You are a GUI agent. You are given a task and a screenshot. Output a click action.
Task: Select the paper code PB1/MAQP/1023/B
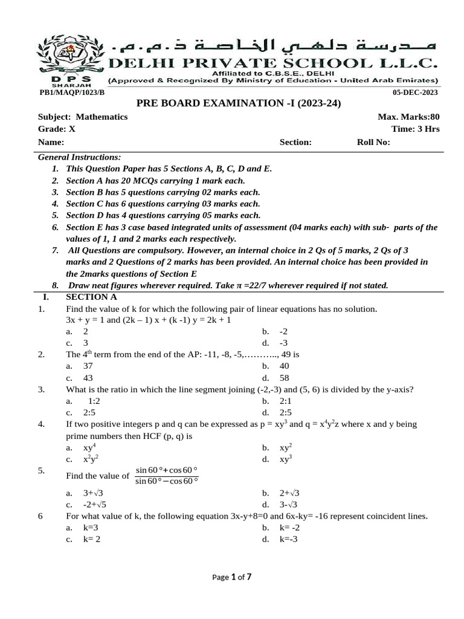click(x=72, y=92)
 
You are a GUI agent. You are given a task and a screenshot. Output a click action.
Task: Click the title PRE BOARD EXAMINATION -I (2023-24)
click(x=239, y=103)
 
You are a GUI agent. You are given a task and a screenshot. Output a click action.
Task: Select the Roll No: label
click(x=374, y=143)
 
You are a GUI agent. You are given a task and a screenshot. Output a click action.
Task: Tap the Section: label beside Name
click(x=295, y=143)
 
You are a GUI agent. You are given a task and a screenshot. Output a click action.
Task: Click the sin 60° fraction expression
click(x=167, y=475)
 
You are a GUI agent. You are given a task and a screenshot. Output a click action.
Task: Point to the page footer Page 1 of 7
click(x=232, y=577)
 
